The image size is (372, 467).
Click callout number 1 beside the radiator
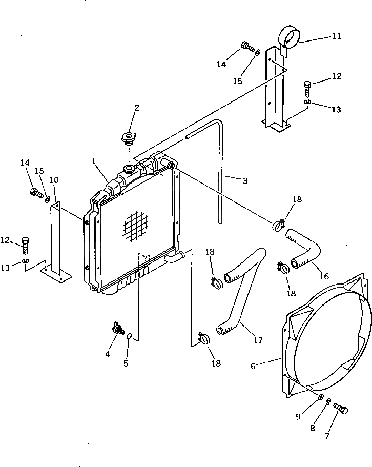pos(94,161)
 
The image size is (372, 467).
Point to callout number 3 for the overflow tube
pos(245,180)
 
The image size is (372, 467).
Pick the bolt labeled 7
pos(341,409)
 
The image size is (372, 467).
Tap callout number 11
pos(336,36)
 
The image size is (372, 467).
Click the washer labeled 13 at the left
pos(25,263)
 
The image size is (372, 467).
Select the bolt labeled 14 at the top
pos(247,47)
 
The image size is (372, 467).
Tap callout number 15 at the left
pos(39,170)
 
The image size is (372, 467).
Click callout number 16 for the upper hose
pos(323,276)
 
